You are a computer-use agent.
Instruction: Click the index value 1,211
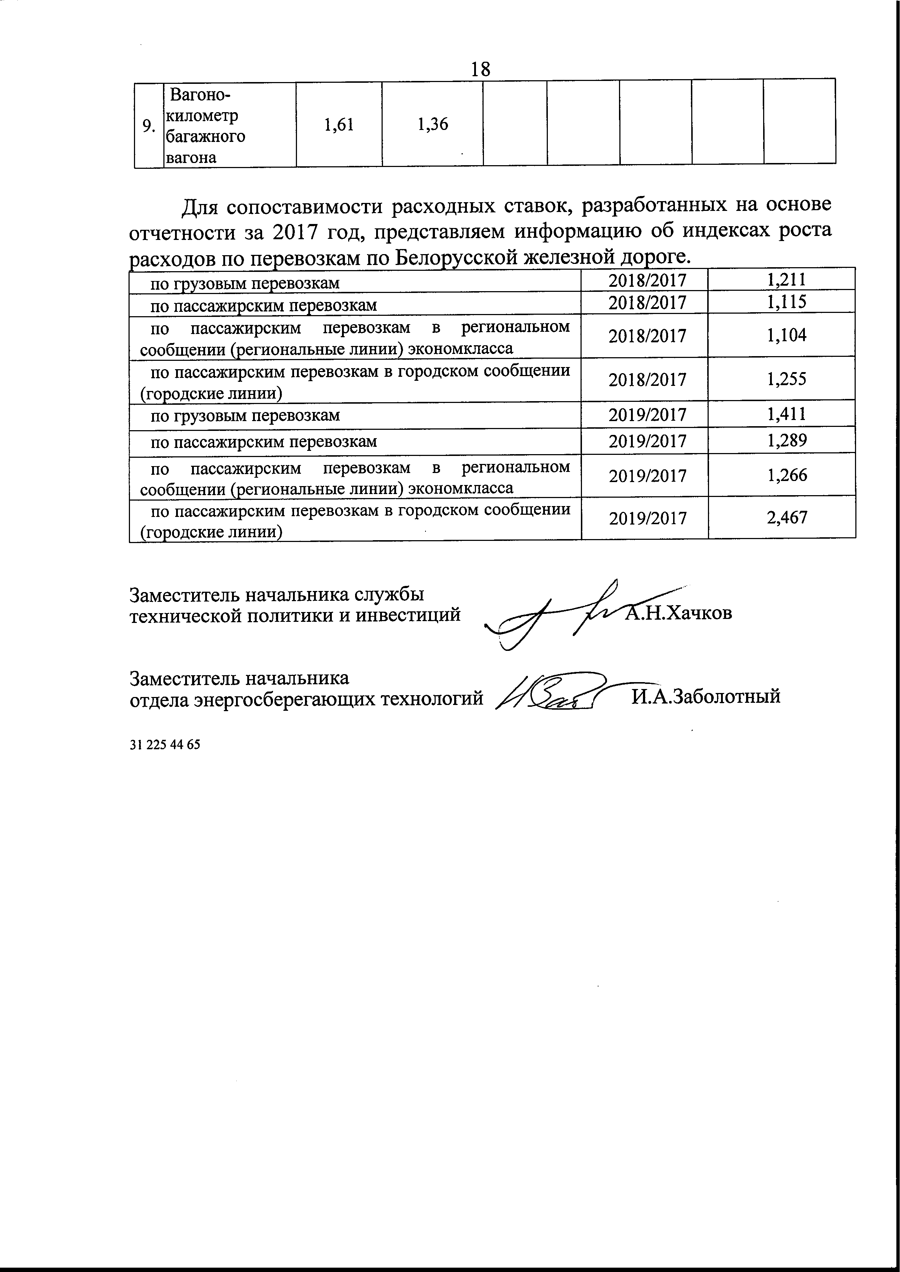(x=787, y=280)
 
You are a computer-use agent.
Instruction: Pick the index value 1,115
(x=787, y=302)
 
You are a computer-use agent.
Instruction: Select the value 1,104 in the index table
(x=787, y=335)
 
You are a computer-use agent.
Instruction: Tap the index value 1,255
(x=787, y=379)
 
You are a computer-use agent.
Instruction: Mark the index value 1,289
(x=787, y=440)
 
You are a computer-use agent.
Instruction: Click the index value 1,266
(x=787, y=475)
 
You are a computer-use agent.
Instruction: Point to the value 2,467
(x=787, y=517)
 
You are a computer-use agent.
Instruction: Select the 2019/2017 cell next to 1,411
(x=647, y=415)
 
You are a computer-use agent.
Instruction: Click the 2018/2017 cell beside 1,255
(x=647, y=379)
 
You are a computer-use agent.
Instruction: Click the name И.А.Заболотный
(x=706, y=696)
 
